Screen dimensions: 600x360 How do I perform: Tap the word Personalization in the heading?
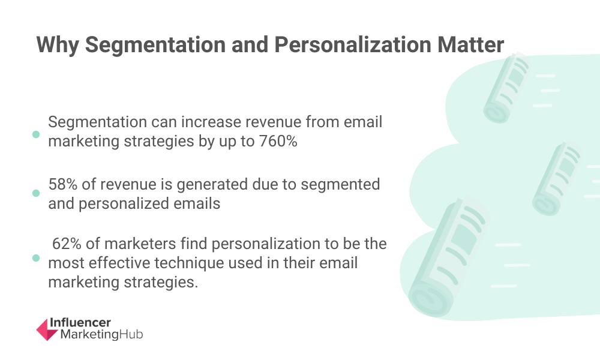click(x=353, y=44)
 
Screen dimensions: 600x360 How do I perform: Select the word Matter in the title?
click(x=470, y=44)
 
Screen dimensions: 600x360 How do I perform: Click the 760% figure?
click(x=278, y=141)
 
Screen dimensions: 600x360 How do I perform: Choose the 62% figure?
click(x=67, y=244)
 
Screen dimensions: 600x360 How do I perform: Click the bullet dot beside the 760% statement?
click(x=36, y=134)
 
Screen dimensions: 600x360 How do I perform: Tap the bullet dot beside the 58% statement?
click(x=36, y=193)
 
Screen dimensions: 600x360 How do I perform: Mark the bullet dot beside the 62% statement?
click(x=36, y=258)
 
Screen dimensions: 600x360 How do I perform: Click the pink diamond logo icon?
click(x=47, y=329)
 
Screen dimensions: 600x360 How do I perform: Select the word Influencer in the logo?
click(x=80, y=323)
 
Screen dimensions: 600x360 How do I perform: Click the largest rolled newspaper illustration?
click(x=446, y=258)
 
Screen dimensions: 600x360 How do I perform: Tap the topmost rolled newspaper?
click(x=506, y=88)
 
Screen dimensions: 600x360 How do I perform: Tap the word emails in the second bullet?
click(x=197, y=203)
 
